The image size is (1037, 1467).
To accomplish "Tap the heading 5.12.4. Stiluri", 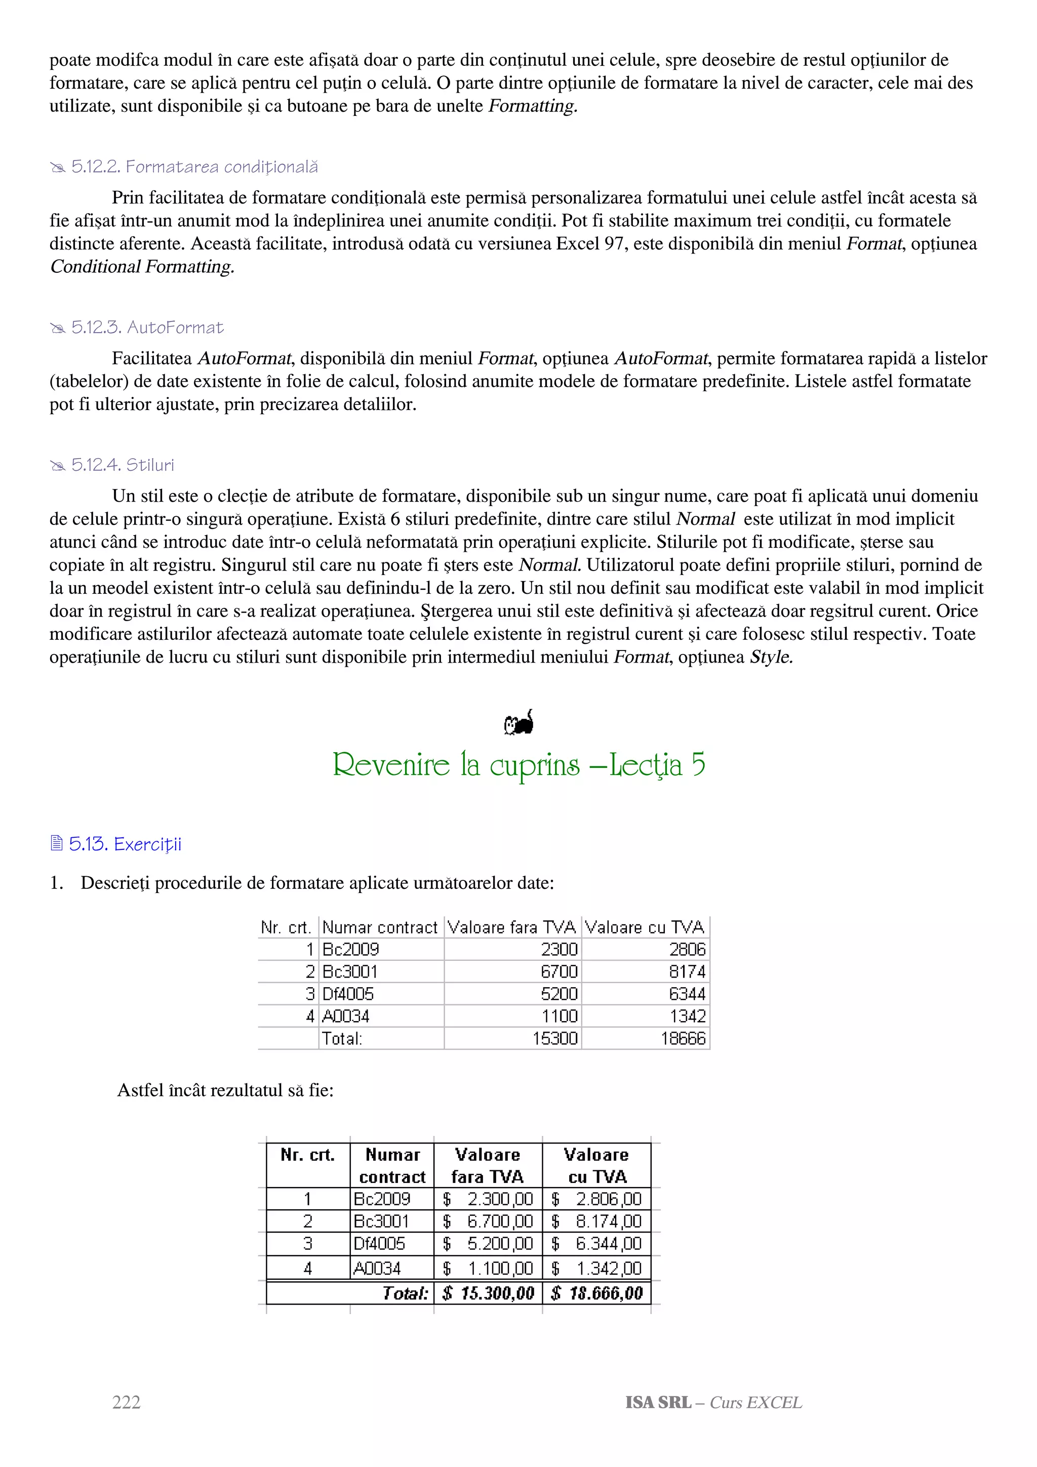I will click(x=122, y=465).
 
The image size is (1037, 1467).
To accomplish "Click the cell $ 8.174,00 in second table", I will click(x=597, y=1221).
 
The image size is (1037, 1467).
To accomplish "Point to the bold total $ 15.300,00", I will click(x=488, y=1293).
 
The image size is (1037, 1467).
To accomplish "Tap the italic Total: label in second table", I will click(x=405, y=1293).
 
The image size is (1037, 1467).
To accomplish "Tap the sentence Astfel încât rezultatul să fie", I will click(x=225, y=1090).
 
